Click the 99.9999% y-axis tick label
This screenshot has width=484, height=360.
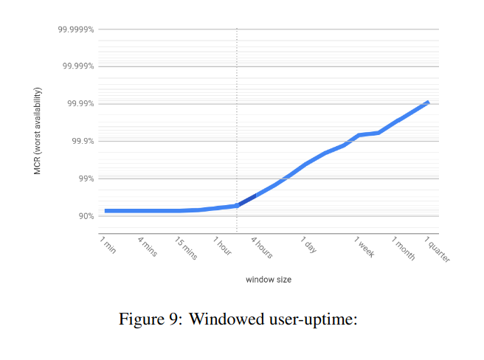coord(75,30)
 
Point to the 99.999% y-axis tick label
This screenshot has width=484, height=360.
coord(77,66)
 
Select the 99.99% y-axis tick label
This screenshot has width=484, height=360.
coord(78,104)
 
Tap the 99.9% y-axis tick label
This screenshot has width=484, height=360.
coord(80,141)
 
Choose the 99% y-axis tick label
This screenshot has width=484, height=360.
coord(84,179)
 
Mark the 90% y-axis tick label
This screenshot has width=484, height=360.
coord(84,216)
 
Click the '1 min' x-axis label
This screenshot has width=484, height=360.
coord(108,245)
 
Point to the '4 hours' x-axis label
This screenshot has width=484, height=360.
coord(262,248)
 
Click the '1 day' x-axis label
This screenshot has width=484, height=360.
coord(308,245)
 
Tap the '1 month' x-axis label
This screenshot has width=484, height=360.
coord(404,248)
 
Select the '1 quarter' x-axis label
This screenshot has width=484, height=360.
coord(438,249)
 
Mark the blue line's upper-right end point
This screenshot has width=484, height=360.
coord(427,103)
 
